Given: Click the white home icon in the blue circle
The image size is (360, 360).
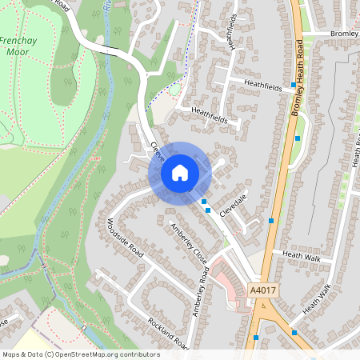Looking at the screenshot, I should (179, 173).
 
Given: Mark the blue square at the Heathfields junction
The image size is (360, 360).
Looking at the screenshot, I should (294, 84).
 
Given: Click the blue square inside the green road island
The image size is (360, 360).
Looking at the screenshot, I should (298, 138).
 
